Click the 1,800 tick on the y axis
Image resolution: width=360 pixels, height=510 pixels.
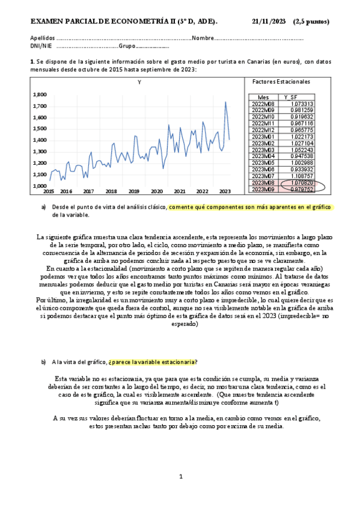click(39, 94)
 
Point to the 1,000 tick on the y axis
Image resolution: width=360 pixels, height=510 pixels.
click(39, 186)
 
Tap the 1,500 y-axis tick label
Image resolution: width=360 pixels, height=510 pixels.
click(39, 129)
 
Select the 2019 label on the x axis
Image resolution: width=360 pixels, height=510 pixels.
click(133, 192)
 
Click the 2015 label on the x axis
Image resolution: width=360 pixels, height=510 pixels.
click(48, 192)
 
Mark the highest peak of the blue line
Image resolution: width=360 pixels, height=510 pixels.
click(225, 102)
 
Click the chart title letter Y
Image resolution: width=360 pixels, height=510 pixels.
click(139, 82)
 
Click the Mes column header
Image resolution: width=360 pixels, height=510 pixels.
click(263, 97)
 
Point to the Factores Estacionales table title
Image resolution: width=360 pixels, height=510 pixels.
click(282, 81)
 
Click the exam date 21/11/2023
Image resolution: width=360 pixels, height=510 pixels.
click(269, 22)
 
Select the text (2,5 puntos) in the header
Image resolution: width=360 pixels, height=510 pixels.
click(311, 22)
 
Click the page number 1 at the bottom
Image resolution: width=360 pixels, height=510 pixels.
click(180, 476)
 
